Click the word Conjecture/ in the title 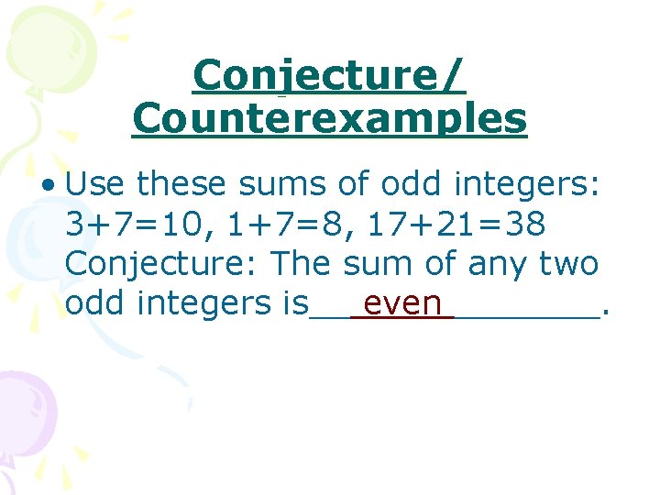click(x=329, y=76)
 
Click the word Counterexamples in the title click(x=329, y=119)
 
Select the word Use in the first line click(x=96, y=185)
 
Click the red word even click(x=402, y=303)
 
